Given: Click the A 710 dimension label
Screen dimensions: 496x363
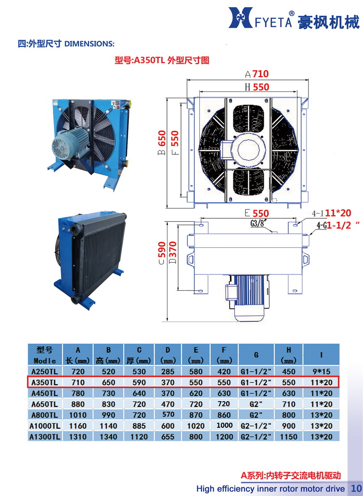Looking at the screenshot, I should [x=257, y=74].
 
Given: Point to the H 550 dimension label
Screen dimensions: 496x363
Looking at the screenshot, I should [x=257, y=87].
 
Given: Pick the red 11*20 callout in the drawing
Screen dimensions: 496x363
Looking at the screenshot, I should [x=337, y=212].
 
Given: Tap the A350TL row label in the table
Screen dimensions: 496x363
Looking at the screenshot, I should [x=45, y=382].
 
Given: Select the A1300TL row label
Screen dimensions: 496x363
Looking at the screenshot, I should [x=45, y=436].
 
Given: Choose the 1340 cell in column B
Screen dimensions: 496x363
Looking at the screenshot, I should [x=108, y=436].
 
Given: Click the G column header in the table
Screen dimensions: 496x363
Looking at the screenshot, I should [x=257, y=355].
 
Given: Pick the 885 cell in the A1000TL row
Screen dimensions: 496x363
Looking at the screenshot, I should [x=139, y=426].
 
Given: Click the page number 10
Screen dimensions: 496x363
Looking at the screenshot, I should [x=356, y=488].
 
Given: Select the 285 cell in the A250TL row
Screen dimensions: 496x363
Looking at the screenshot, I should [x=168, y=372].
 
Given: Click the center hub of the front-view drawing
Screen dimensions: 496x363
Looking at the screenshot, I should [x=248, y=149].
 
